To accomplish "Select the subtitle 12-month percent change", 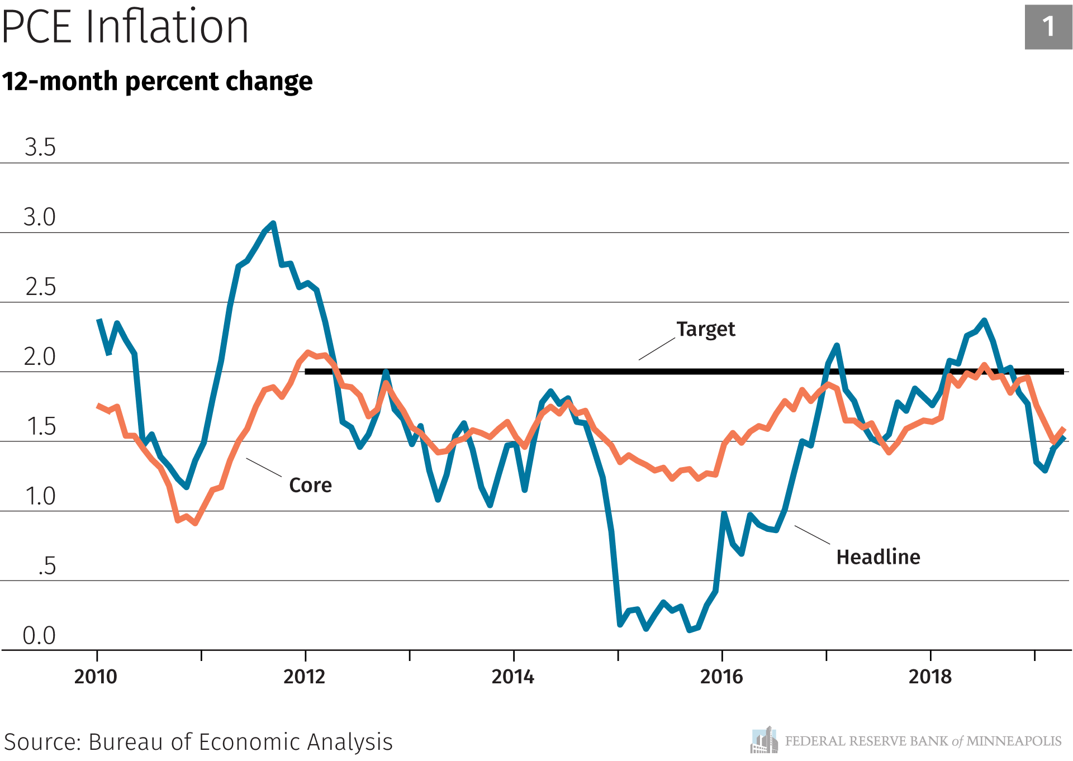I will pyautogui.click(x=157, y=82).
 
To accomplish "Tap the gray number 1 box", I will pyautogui.click(x=1048, y=27).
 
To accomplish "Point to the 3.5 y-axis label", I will pyautogui.click(x=40, y=148).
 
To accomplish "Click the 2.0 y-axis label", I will pyautogui.click(x=40, y=356).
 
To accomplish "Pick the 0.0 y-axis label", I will pyautogui.click(x=39, y=635).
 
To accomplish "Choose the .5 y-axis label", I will pyautogui.click(x=47, y=566).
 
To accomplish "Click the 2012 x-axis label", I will pyautogui.click(x=304, y=677).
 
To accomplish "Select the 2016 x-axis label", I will pyautogui.click(x=721, y=677).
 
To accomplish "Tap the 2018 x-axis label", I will pyautogui.click(x=930, y=677).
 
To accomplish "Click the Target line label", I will pyautogui.click(x=705, y=329).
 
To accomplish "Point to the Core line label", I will pyautogui.click(x=310, y=485).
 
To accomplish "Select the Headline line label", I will pyautogui.click(x=878, y=557).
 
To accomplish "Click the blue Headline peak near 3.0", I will pyautogui.click(x=273, y=223).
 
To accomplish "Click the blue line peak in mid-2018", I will pyautogui.click(x=984, y=321).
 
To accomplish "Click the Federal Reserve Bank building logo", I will pyautogui.click(x=764, y=740).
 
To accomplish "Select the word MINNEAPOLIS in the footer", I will pyautogui.click(x=1014, y=741).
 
